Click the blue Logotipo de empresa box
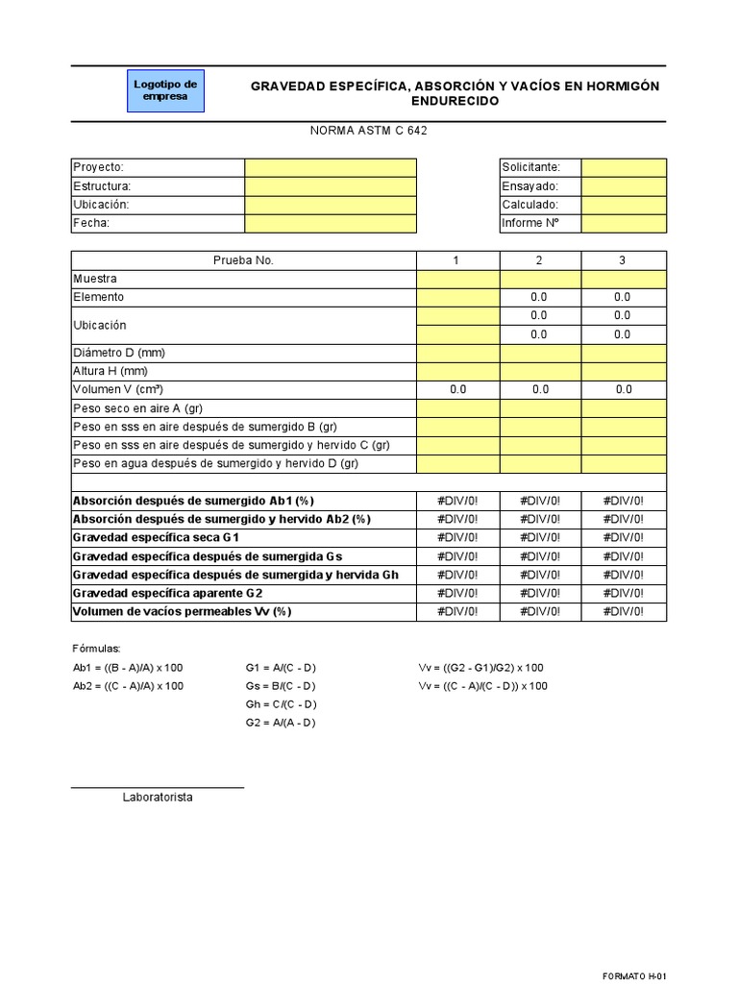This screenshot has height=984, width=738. (165, 90)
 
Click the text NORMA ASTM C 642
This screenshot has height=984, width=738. (368, 131)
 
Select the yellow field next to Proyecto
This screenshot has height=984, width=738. (331, 167)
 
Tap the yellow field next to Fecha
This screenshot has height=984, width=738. (331, 223)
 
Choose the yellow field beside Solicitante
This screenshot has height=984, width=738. (624, 167)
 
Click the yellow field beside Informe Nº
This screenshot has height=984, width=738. (624, 223)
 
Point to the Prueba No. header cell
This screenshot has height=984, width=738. (243, 260)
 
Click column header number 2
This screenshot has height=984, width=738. (540, 260)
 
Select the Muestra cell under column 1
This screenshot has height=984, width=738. (457, 279)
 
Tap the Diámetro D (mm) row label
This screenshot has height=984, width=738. (119, 353)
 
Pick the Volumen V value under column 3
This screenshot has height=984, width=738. (624, 389)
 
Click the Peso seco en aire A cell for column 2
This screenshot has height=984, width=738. (540, 408)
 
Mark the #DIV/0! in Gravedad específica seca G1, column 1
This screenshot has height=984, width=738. (457, 537)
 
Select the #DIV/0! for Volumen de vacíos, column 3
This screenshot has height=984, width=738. (624, 611)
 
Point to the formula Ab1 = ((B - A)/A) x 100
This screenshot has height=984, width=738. (128, 668)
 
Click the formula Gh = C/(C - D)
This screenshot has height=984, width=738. (281, 704)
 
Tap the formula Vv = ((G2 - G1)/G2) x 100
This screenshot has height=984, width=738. (481, 668)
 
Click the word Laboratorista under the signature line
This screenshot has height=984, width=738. (158, 798)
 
